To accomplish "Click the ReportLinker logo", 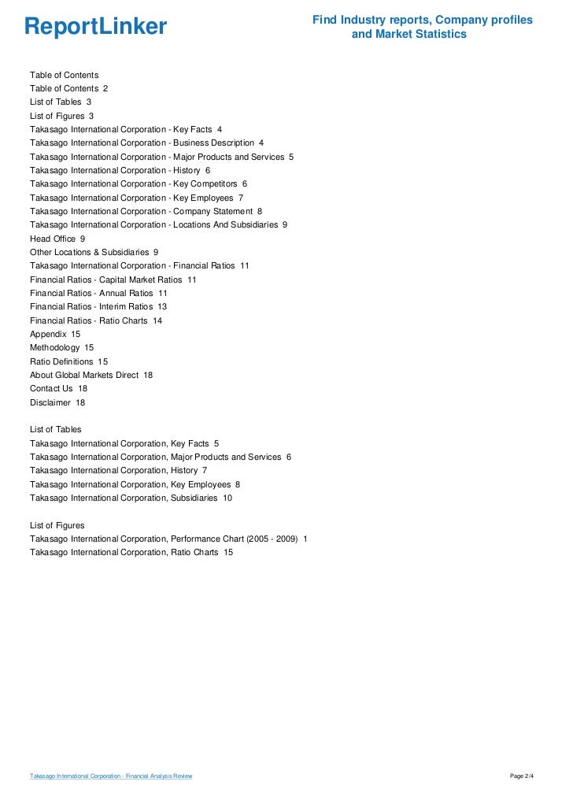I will coord(96,27).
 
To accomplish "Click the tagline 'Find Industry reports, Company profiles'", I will coord(423,20).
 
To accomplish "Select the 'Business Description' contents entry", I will coord(146,143).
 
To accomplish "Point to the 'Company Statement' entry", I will coord(146,211).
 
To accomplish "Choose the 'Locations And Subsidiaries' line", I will coord(158,224).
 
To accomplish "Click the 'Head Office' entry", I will coord(57,239).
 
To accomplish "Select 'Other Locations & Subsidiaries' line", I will coord(94,252).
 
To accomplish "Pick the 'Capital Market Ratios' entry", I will coord(113,280).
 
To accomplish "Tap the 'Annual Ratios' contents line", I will coord(98,293).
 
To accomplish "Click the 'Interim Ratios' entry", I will coord(98,306).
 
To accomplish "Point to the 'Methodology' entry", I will coord(61,347).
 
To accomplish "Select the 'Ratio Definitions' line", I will coord(68,361).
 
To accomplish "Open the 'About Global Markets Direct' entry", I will coord(91,375).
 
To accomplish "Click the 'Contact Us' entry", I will coord(58,388).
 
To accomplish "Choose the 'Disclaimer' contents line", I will coord(57,402).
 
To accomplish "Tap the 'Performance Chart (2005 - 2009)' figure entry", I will coord(168,539).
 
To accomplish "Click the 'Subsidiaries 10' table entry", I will coord(131,498).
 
